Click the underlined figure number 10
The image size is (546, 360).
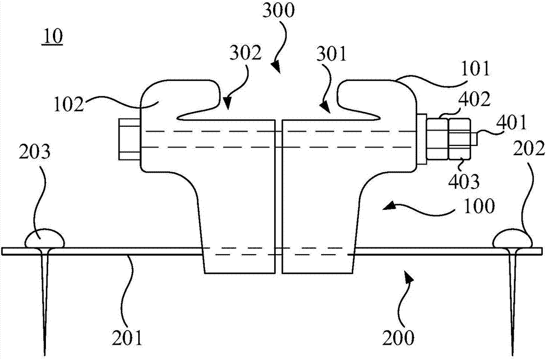tap(52, 37)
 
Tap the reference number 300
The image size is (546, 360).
tap(278, 11)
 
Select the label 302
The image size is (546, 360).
tap(245, 54)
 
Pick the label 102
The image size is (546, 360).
tap(69, 104)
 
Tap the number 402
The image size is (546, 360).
tap(474, 99)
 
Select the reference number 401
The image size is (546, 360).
tap(512, 123)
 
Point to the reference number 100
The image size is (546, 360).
tap(479, 206)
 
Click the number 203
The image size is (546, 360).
tap(34, 152)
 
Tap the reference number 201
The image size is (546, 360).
tap(128, 338)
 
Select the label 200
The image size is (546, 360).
tap(399, 338)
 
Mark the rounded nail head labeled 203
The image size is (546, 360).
tap(45, 239)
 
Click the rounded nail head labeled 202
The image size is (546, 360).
tap(513, 239)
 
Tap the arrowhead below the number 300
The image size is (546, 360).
tap(275, 66)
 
